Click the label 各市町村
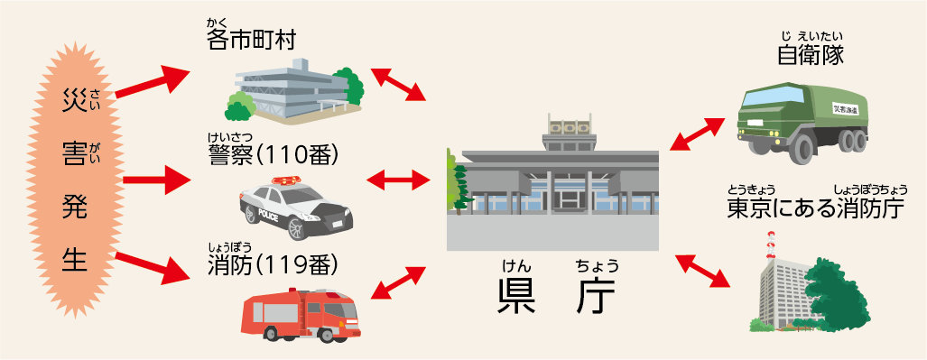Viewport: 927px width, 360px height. tap(251, 41)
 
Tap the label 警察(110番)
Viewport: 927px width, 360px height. tap(273, 154)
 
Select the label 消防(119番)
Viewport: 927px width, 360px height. tap(273, 266)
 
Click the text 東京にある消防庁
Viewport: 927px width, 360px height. tap(816, 208)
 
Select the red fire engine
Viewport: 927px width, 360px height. tap(301, 315)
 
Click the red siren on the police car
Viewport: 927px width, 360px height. tap(286, 180)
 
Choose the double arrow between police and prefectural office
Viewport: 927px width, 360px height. tap(398, 180)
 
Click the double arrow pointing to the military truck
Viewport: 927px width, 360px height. tap(698, 134)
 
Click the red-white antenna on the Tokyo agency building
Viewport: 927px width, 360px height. tap(770, 245)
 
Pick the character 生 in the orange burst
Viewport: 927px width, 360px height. tap(75, 258)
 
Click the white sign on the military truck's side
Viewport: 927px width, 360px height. tap(846, 109)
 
